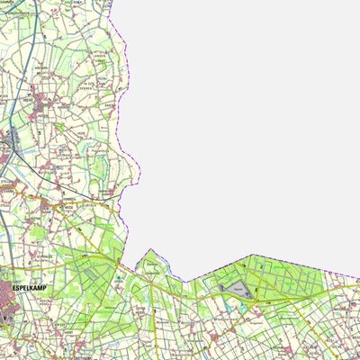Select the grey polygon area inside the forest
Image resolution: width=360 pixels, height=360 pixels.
(x=236, y=288)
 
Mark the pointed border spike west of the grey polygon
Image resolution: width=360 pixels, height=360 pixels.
(x=146, y=251)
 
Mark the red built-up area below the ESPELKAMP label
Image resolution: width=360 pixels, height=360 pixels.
(x=11, y=310)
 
